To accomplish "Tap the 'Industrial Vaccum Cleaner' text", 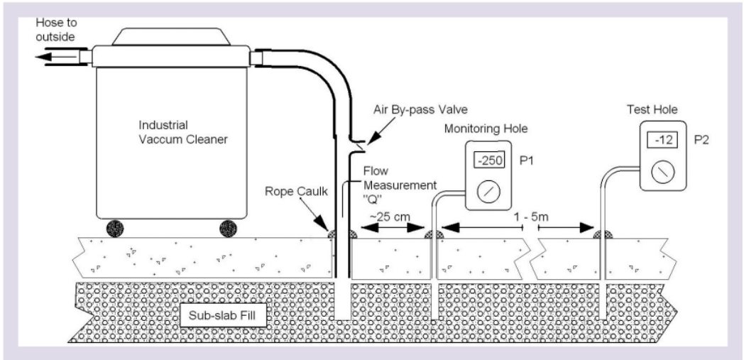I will [182, 133].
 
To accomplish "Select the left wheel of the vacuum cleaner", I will [114, 229].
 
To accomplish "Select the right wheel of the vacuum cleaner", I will [228, 229].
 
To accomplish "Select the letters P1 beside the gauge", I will [529, 160].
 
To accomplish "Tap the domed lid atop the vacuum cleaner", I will [161, 36].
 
